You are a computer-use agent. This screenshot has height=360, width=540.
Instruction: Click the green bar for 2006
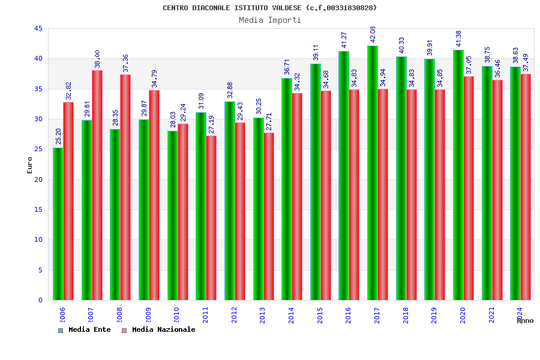(x=58, y=224)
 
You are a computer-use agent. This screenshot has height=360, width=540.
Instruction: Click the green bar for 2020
(x=458, y=175)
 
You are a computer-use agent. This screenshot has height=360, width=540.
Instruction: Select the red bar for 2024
(x=526, y=187)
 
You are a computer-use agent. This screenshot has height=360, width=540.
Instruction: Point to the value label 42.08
(x=373, y=35)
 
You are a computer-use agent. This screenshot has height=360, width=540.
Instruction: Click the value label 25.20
(x=58, y=137)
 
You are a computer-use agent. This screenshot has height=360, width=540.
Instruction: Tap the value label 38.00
(x=97, y=59)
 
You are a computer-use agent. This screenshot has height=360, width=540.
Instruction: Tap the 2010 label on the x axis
(x=177, y=315)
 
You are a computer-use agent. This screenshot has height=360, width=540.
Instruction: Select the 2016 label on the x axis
(x=349, y=315)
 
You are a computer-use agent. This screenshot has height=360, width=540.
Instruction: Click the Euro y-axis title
(x=30, y=165)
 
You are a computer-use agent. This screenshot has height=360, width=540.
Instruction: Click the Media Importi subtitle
(x=270, y=20)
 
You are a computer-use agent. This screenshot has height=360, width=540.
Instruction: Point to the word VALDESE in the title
(x=287, y=8)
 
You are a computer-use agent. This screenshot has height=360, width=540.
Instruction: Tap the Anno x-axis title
(x=525, y=320)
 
